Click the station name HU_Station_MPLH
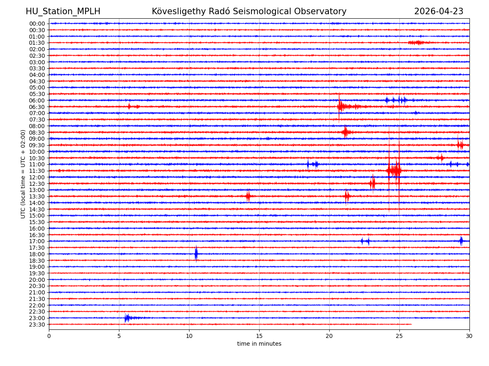pos(63,11)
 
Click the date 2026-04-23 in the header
pos(438,11)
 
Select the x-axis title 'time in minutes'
pos(259,344)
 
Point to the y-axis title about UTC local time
pos(23,174)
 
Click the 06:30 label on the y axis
pos(37,107)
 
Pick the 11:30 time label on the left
pos(37,171)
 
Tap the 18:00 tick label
pos(37,254)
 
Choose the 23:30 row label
pos(37,325)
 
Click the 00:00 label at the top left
pos(37,24)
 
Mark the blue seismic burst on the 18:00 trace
pos(196,254)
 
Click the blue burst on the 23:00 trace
pos(128,318)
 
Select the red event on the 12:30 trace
pos(372,183)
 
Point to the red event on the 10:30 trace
pos(441,158)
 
